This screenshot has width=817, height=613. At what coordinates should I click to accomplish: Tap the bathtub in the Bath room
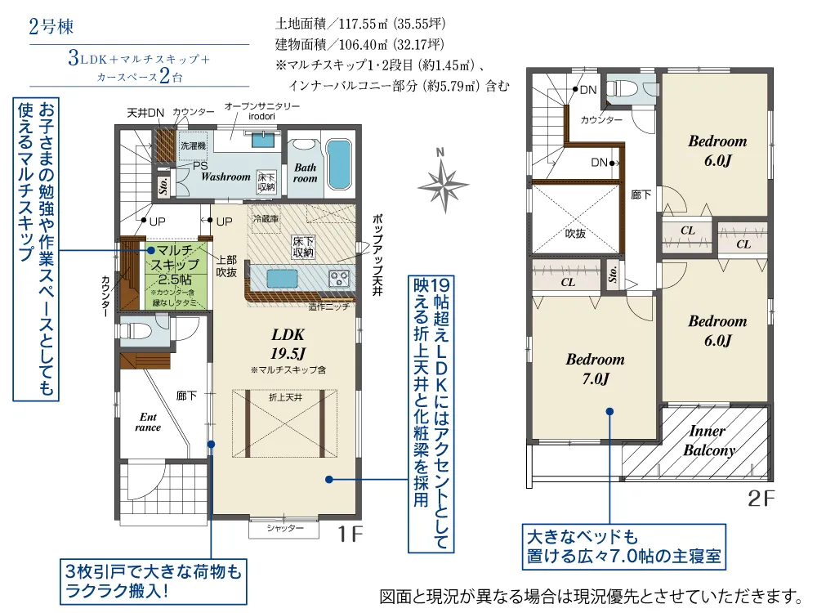(337, 166)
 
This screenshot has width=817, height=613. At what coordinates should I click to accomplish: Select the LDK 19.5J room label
(288, 343)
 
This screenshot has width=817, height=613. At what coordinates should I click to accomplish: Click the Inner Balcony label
(708, 441)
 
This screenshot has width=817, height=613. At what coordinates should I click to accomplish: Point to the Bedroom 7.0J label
(595, 369)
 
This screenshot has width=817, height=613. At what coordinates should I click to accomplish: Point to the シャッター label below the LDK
(285, 529)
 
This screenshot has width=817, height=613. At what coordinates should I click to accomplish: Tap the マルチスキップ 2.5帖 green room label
(175, 264)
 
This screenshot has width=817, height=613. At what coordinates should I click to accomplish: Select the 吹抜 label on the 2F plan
(575, 233)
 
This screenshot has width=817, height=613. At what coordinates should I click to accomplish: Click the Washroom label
(225, 177)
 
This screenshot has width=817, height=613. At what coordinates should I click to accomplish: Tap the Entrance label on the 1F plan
(148, 422)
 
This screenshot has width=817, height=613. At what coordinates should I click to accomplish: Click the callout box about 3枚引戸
(152, 579)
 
